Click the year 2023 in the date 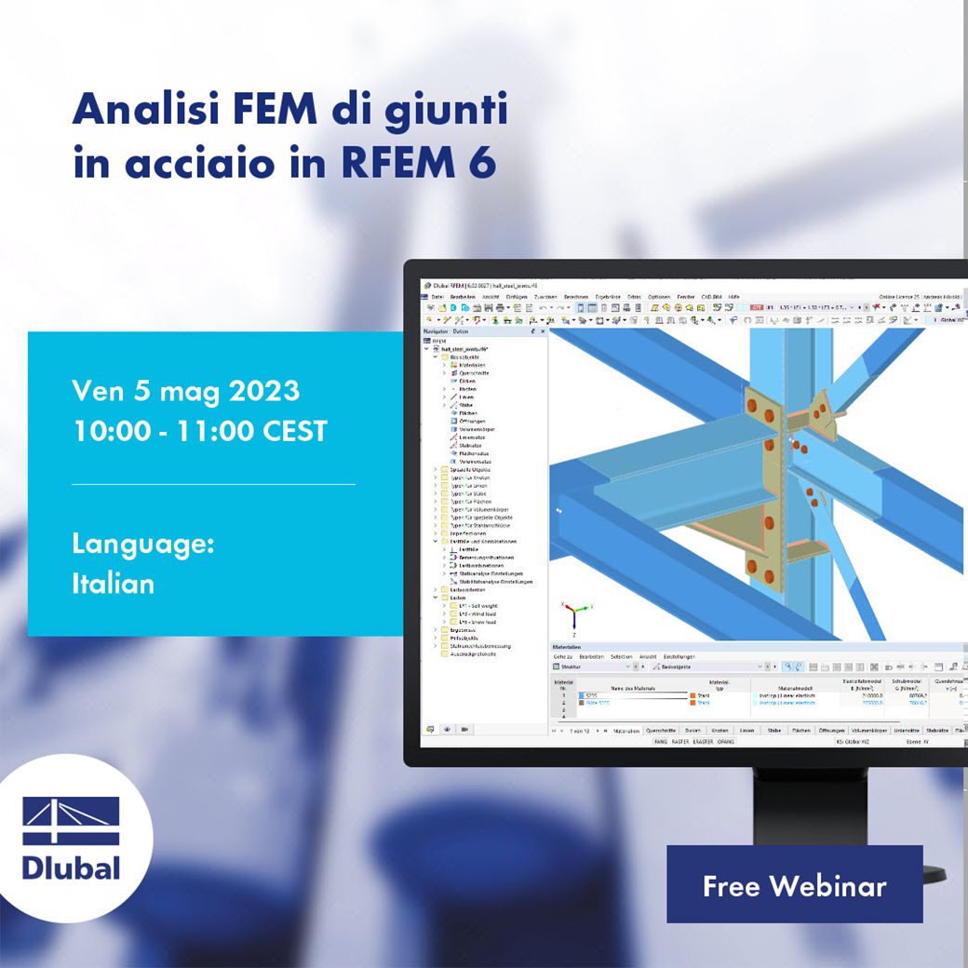point(263,390)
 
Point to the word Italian point(113,584)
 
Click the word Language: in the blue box point(142,544)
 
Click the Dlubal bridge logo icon point(72,820)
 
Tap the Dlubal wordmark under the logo point(72,867)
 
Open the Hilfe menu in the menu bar point(734,296)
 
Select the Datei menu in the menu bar point(437,296)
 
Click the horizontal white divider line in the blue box point(213,484)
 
